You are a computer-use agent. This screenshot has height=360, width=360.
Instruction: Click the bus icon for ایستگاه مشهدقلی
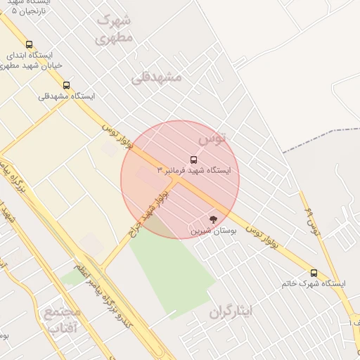pos(66,86)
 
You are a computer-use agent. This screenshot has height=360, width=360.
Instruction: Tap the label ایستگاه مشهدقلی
pos(66,96)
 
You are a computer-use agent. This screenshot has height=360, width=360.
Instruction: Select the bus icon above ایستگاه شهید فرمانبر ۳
pos(194,160)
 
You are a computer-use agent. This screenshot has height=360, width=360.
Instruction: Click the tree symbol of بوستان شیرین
pos(213,219)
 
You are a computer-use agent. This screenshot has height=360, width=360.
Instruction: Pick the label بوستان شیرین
pos(213,230)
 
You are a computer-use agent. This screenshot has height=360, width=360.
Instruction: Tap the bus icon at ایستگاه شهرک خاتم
pos(314,273)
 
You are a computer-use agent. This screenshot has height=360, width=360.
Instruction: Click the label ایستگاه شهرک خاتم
pos(314,283)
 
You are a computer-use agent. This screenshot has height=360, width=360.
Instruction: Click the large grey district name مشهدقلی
pos(156,77)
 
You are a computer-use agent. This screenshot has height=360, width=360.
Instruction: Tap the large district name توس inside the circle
pos(212,139)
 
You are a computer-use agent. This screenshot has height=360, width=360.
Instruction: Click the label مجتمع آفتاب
pos(63,319)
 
